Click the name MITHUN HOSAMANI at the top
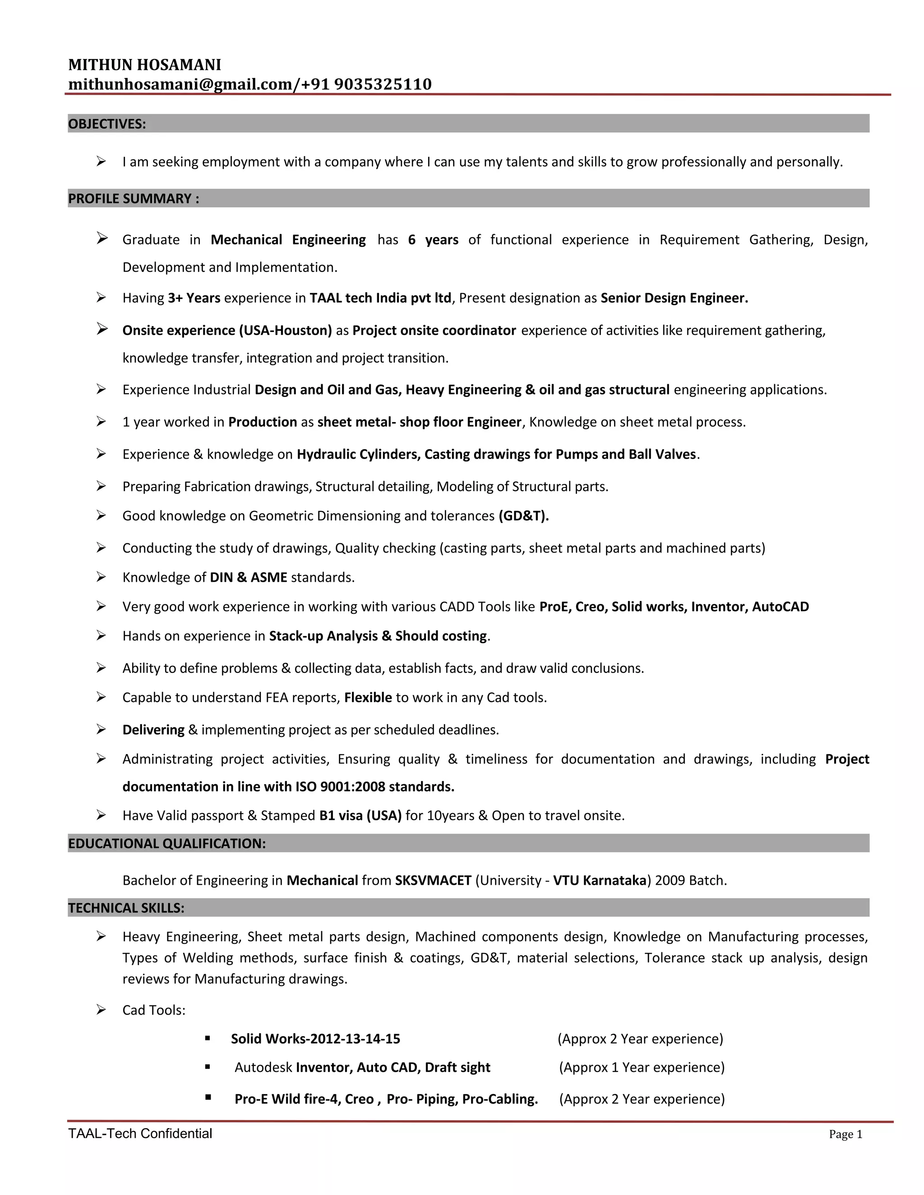[x=144, y=65]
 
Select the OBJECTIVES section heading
[x=107, y=124]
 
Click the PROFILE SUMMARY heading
[x=134, y=198]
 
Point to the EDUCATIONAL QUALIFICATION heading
[x=167, y=843]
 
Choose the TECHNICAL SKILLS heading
[x=126, y=908]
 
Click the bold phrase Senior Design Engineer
[x=674, y=298]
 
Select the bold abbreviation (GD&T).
[x=523, y=516]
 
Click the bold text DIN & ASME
[x=249, y=578]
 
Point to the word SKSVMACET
[x=433, y=880]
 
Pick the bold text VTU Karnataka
[x=600, y=880]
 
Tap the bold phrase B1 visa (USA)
[x=360, y=816]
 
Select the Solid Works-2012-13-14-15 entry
[x=315, y=1039]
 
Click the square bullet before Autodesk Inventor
[x=208, y=1067]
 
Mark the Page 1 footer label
[x=845, y=1134]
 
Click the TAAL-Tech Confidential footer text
[x=140, y=1134]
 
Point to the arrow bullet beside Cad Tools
[x=101, y=1010]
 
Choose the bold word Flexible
[x=368, y=698]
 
